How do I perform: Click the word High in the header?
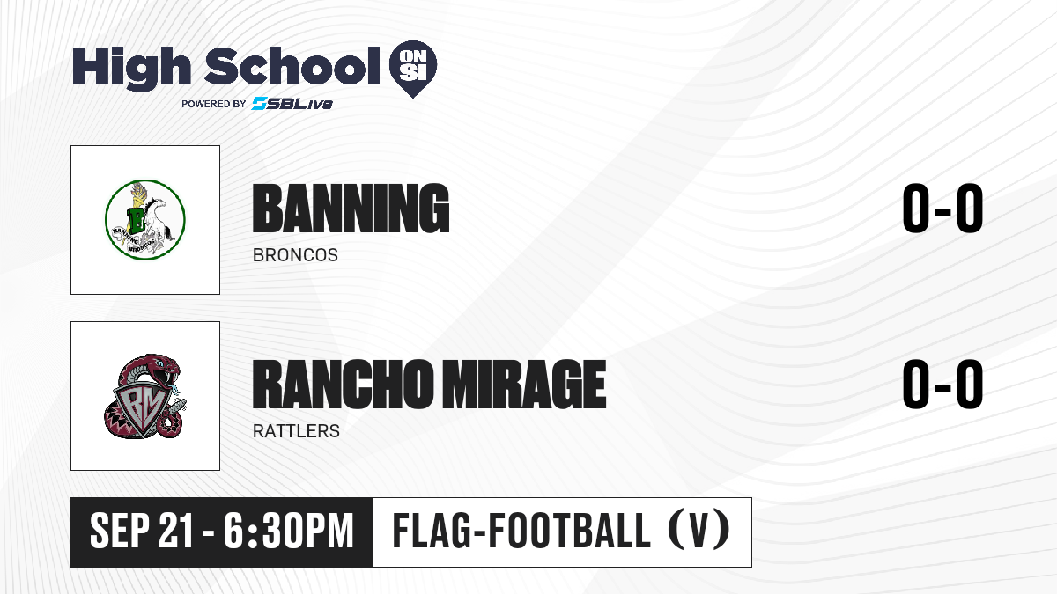point(131,68)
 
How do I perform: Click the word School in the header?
point(292,65)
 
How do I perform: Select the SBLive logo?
point(292,103)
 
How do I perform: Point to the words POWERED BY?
point(214,104)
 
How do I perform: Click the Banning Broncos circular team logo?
point(144,220)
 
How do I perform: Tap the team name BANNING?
point(351,209)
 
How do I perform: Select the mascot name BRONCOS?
point(295,255)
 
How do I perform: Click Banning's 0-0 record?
point(942,209)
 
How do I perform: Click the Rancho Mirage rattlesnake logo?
point(144,396)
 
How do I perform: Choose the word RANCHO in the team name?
point(342,384)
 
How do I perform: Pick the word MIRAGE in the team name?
point(523,384)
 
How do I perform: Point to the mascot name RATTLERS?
point(296,431)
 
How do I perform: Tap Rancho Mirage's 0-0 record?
point(942,385)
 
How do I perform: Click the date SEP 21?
point(142,531)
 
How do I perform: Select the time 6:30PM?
point(288,531)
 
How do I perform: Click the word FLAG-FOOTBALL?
point(521,530)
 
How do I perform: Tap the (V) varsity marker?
point(699,531)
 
